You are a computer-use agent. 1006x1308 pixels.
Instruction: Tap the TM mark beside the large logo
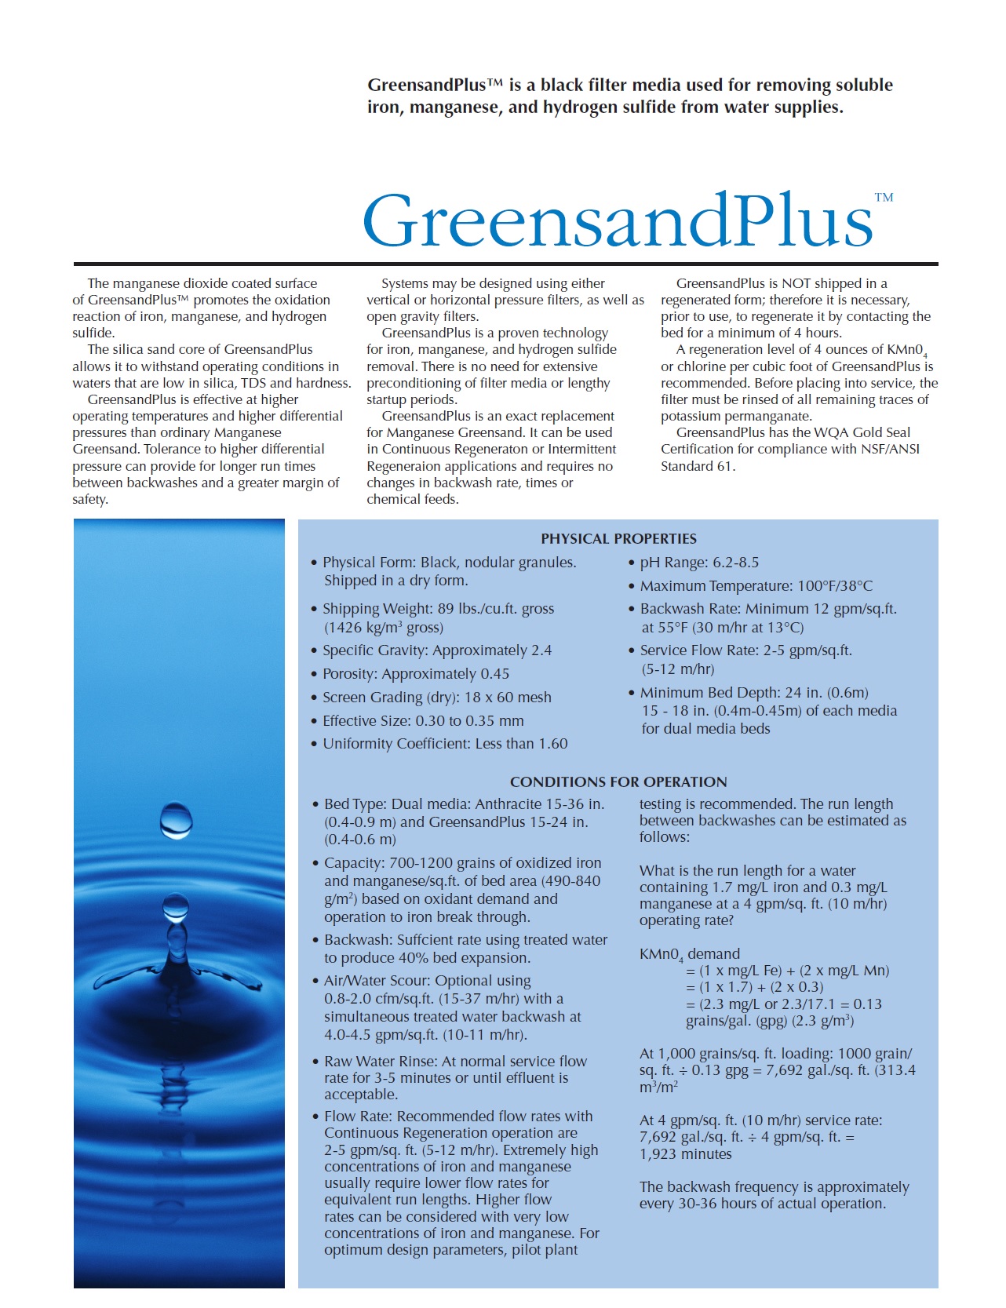point(884,198)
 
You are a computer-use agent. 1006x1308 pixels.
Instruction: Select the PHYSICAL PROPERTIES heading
point(618,539)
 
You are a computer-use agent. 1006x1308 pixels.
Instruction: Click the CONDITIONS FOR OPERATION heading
point(618,782)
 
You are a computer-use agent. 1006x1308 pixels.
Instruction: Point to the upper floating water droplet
point(176,819)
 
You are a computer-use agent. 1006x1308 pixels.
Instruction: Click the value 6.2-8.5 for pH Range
point(735,563)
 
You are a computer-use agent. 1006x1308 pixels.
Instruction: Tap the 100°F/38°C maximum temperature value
point(835,586)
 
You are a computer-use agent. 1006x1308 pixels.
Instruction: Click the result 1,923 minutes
point(685,1154)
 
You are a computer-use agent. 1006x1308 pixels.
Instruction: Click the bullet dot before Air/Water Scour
point(315,982)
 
